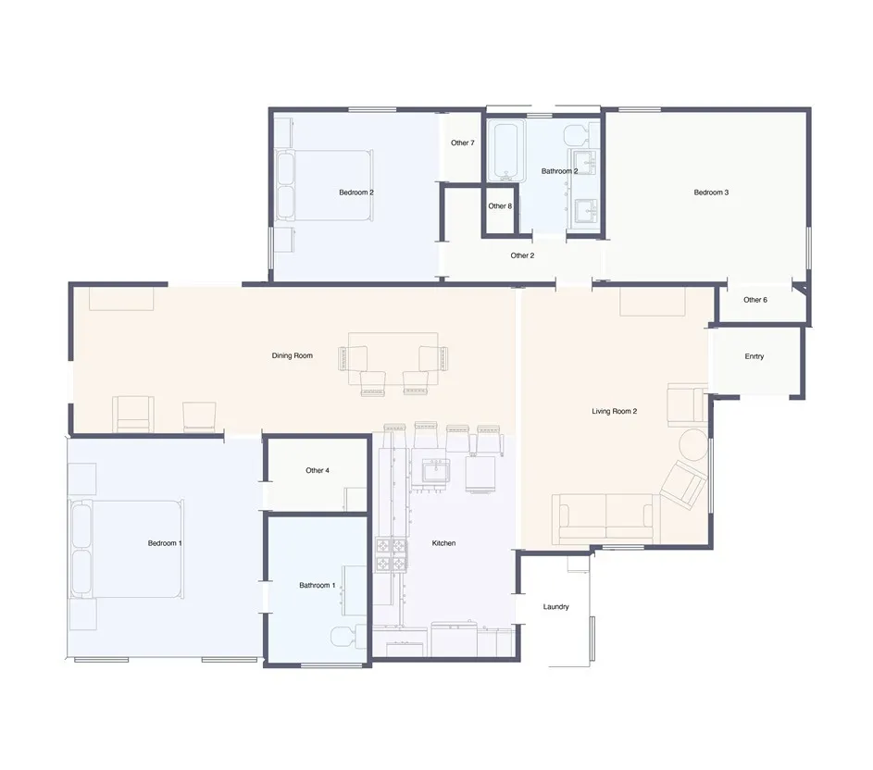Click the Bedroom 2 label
point(355,192)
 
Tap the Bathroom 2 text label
point(559,171)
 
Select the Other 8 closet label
point(499,206)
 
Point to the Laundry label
point(556,607)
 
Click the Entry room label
point(755,356)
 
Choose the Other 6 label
point(755,300)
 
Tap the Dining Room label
point(292,355)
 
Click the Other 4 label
point(318,471)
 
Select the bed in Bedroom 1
point(127,549)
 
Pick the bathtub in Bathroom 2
point(506,152)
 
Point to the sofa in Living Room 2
point(606,518)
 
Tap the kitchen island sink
point(436,473)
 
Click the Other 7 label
point(463,143)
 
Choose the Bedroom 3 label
point(711,192)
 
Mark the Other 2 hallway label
point(522,255)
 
